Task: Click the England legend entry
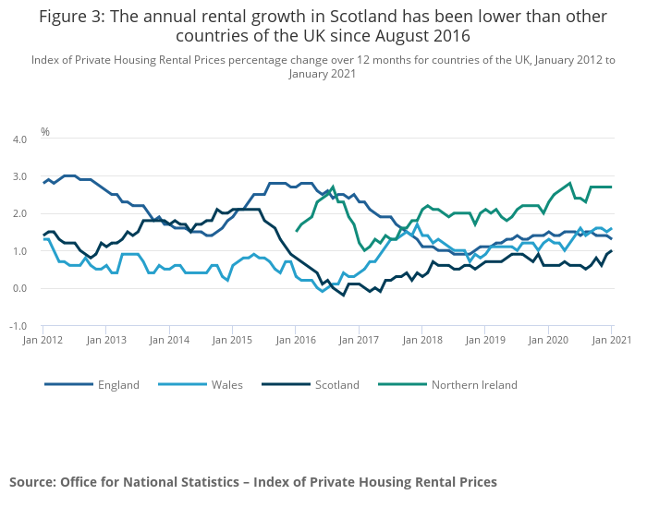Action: pyautogui.click(x=118, y=385)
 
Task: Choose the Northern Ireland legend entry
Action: pyautogui.click(x=473, y=385)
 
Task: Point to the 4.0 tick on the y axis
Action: pyautogui.click(x=18, y=139)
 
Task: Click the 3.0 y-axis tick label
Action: pyautogui.click(x=18, y=176)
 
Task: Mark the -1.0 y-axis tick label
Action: pyautogui.click(x=18, y=327)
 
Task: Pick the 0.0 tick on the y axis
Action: pyautogui.click(x=18, y=289)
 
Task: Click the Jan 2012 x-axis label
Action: pyautogui.click(x=43, y=340)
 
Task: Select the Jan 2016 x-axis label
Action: pyautogui.click(x=295, y=340)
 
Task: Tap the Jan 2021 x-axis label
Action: pyautogui.click(x=611, y=340)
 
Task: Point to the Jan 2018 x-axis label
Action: pyautogui.click(x=421, y=340)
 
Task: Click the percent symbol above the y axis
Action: pyautogui.click(x=45, y=132)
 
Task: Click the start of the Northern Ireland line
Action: pyautogui.click(x=297, y=231)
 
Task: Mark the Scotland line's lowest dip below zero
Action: pyautogui.click(x=344, y=296)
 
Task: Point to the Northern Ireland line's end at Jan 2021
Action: pyautogui.click(x=611, y=187)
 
